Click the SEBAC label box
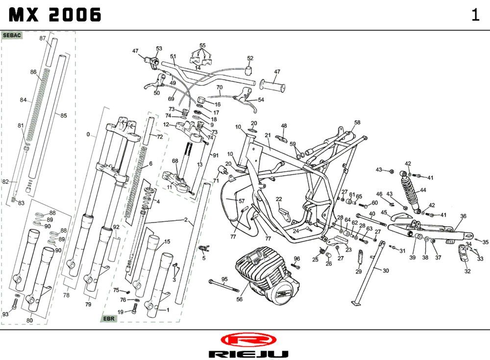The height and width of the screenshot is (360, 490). pos(12,36)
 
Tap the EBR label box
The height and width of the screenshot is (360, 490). pos(109,318)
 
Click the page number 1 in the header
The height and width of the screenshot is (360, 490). pos(475,15)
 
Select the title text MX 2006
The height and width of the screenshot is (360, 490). pos(55,15)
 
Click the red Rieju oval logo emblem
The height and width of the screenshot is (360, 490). pos(248,339)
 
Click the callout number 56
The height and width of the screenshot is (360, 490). pos(240,299)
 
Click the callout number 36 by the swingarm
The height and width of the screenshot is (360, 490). pos(463,216)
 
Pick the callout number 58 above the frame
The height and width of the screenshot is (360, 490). pos(357,123)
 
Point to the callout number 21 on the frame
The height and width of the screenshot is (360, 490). pos(268,135)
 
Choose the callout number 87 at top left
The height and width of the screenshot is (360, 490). pos(43,38)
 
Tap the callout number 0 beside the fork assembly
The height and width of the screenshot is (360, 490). pos(88,134)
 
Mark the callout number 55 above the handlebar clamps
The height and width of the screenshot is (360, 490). pos(202,46)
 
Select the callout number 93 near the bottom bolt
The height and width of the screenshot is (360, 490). pos(5,314)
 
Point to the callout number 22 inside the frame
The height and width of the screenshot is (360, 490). pos(279,199)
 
